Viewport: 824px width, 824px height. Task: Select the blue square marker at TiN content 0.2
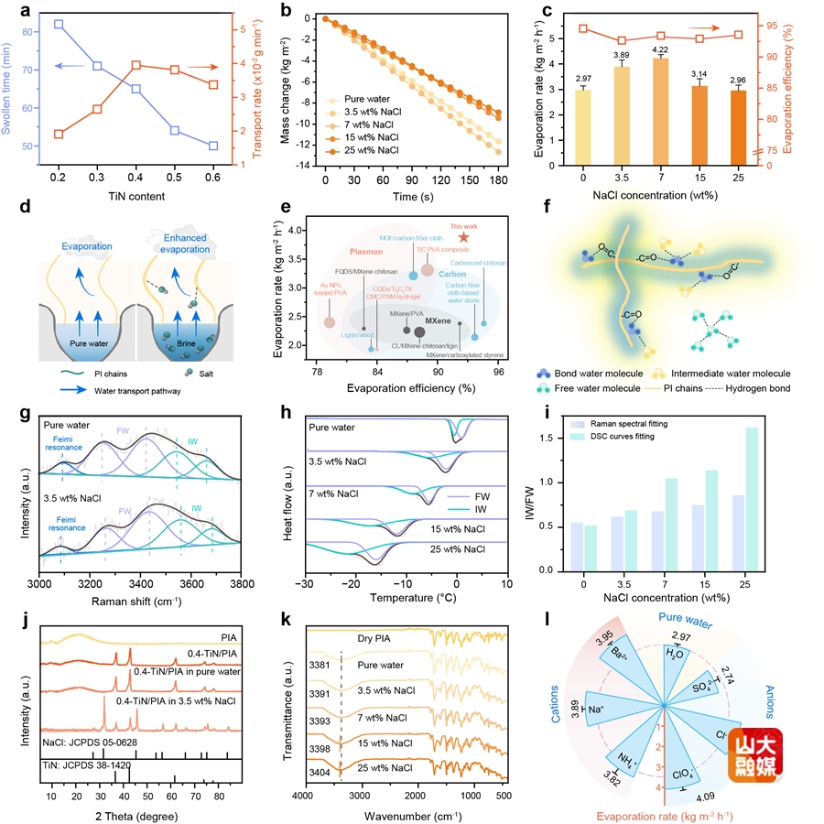pyautogui.click(x=59, y=24)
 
